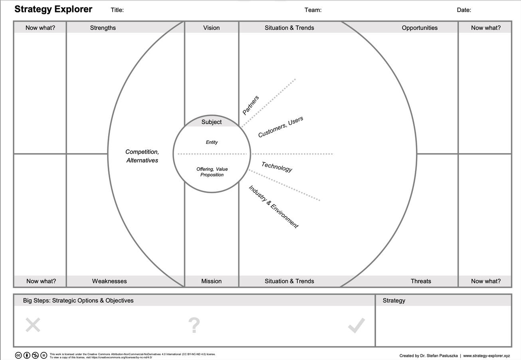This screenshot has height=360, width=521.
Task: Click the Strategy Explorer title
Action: (53, 9)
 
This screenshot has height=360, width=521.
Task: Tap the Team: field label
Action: (313, 10)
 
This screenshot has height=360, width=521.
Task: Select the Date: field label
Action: (464, 10)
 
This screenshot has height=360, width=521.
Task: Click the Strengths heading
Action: (103, 28)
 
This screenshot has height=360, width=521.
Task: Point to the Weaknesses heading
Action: (109, 281)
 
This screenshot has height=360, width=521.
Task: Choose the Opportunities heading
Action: (420, 28)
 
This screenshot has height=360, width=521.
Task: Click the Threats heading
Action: (421, 281)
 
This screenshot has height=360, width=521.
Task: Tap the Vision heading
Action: (211, 28)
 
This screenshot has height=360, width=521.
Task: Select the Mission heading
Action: (211, 281)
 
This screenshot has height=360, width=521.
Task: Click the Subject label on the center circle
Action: (212, 122)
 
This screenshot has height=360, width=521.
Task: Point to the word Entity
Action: (212, 142)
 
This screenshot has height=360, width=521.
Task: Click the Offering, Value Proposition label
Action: (212, 172)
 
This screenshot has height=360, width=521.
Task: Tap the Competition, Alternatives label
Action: (142, 156)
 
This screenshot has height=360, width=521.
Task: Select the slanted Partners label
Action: (250, 105)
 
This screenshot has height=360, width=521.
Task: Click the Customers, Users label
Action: (281, 127)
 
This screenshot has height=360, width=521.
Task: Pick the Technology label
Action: (277, 167)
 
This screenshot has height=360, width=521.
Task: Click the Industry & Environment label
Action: (273, 207)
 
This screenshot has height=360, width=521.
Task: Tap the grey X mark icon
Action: (33, 324)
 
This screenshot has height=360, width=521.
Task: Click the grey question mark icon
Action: (194, 325)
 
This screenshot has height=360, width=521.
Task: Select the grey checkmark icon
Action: (357, 325)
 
